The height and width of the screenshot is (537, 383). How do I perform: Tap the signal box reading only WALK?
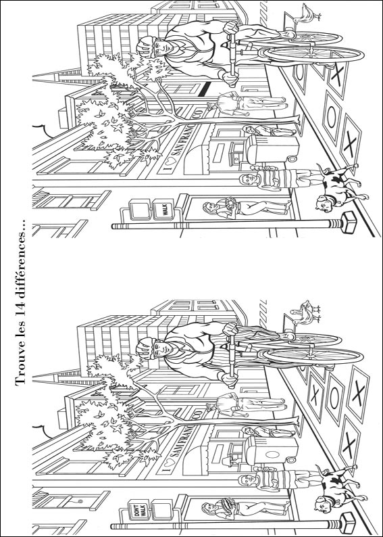pos(163,209)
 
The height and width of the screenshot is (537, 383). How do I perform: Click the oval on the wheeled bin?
pos(272,454)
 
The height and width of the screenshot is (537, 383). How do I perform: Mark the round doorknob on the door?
pos(80,501)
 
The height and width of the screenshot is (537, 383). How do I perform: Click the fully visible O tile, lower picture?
pos(334,398)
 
